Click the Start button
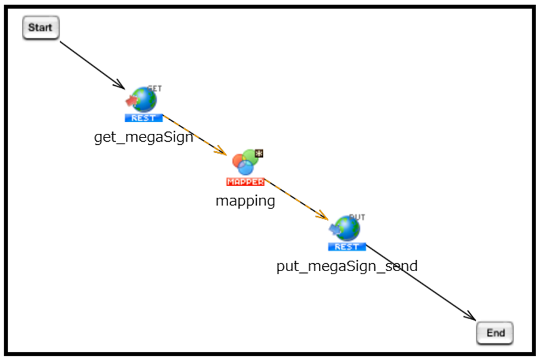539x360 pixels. point(41,28)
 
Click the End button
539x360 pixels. point(495,333)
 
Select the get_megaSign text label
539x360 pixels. point(144,137)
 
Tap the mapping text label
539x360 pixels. point(245,201)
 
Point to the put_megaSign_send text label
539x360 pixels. point(347,266)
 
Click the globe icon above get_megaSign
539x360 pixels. point(145,100)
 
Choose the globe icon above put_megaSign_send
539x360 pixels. point(348,229)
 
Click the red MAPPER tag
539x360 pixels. point(245,181)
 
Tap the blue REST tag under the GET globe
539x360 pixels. point(144,118)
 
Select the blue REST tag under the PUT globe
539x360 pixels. point(347,247)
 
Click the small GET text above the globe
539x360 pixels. point(155,88)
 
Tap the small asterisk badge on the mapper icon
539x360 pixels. point(259,153)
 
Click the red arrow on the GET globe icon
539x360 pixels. point(131,100)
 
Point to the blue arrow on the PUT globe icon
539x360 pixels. point(334,229)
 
